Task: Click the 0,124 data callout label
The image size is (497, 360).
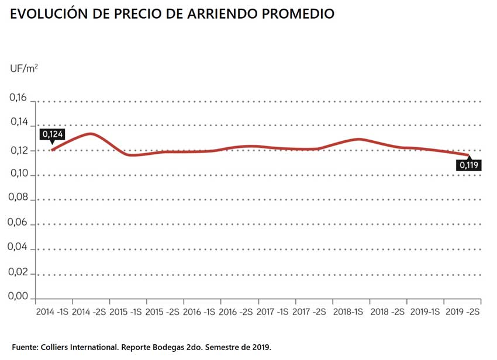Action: [x=52, y=134]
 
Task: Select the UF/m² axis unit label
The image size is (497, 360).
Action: [x=24, y=68]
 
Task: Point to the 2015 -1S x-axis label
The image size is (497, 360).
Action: [x=126, y=312]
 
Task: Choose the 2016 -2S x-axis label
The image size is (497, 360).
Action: [x=236, y=312]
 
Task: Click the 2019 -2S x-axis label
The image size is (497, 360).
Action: [x=462, y=312]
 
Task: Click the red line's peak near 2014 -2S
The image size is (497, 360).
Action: [x=90, y=134]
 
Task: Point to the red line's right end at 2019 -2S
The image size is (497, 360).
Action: [x=468, y=155]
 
